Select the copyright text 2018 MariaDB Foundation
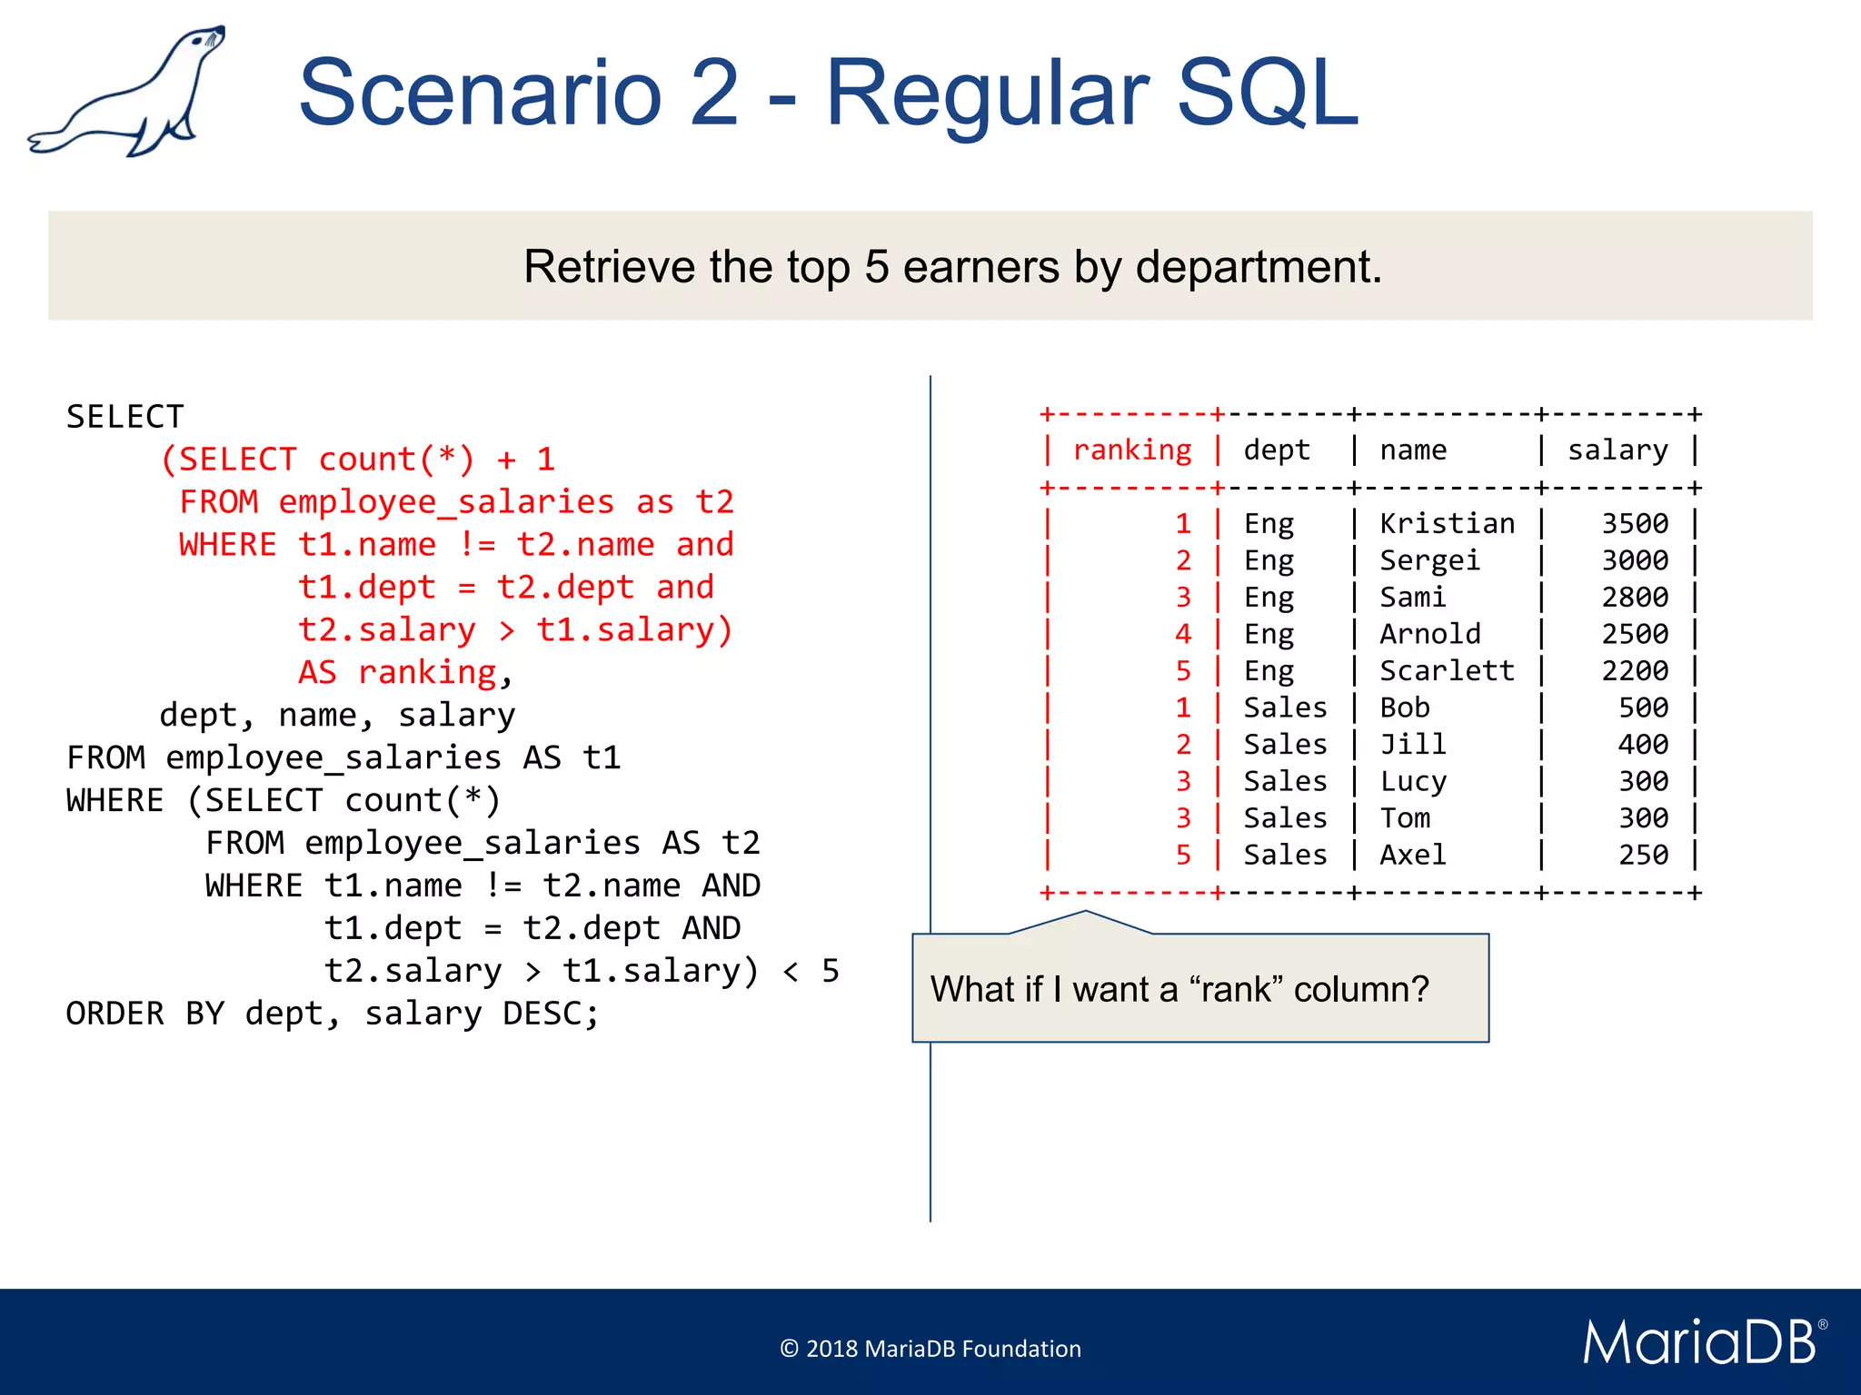coord(930,1349)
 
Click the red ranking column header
coord(1132,450)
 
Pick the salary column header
coord(1617,450)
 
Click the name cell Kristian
coord(1447,524)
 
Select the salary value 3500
coord(1634,524)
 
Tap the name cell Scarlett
coord(1447,671)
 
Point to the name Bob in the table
coord(1405,707)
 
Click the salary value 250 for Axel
coord(1643,855)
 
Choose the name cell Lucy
coord(1413,781)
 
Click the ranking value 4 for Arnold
coord(1182,634)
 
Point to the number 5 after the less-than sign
coord(830,971)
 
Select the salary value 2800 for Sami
coord(1634,598)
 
